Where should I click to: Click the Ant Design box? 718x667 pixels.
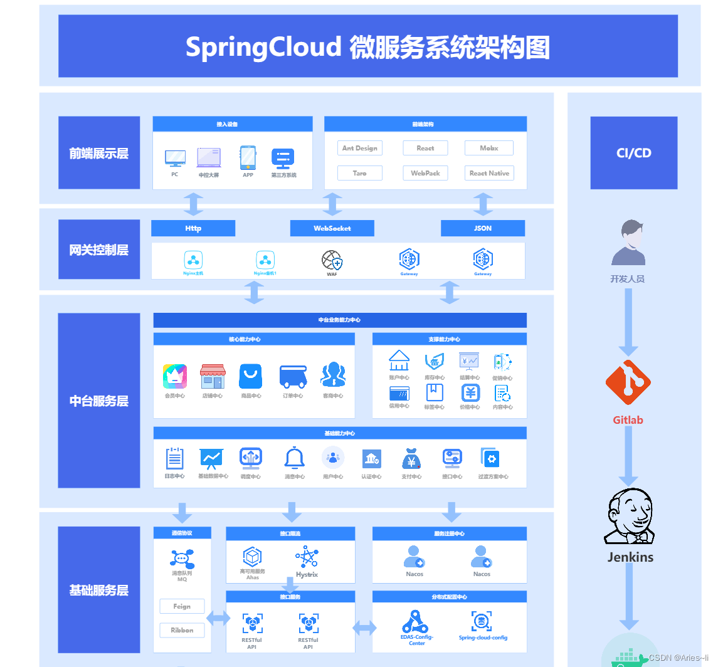tap(360, 148)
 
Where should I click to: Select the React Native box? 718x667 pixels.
tap(489, 173)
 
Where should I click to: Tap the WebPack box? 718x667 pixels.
tap(426, 173)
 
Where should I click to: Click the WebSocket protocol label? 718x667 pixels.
tap(332, 228)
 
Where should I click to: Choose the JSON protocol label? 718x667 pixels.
tap(483, 228)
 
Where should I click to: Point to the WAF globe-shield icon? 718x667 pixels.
tap(332, 260)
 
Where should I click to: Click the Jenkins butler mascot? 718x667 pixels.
tap(629, 516)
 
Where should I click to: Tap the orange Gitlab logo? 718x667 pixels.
tap(628, 382)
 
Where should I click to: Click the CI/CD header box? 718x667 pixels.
tap(634, 153)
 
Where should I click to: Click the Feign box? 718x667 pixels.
tap(182, 606)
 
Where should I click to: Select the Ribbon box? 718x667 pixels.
tap(182, 630)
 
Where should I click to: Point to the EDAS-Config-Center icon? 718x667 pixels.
tap(416, 621)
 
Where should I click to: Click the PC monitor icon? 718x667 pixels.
tap(175, 158)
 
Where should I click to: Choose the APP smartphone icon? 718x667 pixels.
tap(248, 158)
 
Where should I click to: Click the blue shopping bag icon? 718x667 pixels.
tap(251, 376)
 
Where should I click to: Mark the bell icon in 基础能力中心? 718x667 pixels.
tap(295, 458)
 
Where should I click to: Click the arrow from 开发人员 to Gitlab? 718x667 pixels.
tap(628, 323)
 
